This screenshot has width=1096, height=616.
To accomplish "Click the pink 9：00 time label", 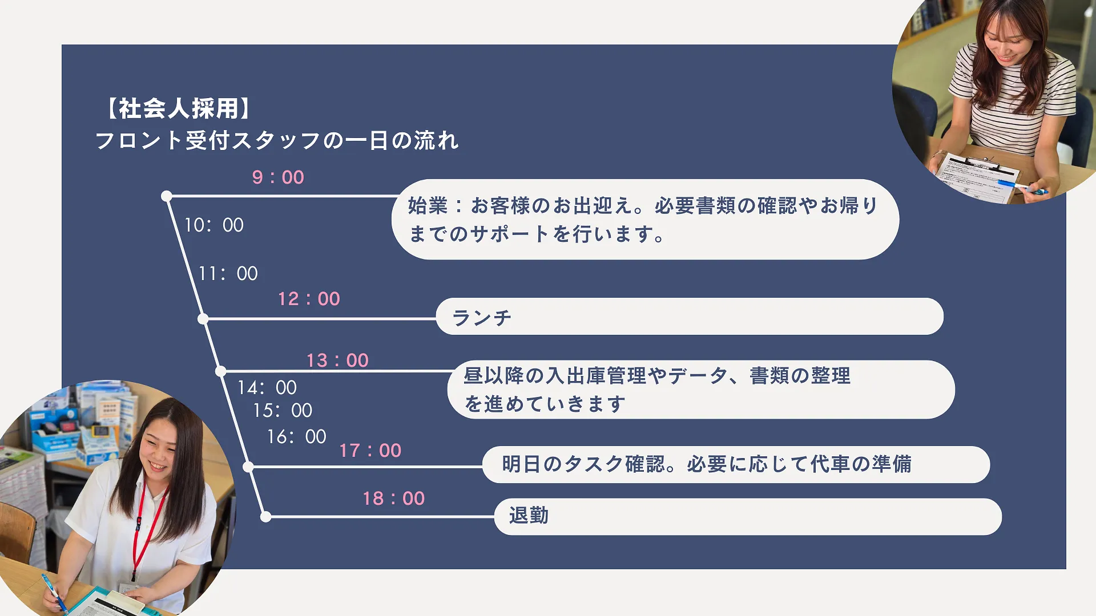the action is point(278,177).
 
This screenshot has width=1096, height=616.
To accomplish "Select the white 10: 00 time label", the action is point(213,225).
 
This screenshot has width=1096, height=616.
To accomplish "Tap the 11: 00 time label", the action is point(228,274).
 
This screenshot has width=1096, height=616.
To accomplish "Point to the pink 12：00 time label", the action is point(309,299).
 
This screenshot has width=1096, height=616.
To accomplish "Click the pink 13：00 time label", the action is point(337,360).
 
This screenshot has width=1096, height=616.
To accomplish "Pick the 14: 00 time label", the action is point(267,388).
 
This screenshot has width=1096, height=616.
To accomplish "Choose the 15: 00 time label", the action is point(283,411).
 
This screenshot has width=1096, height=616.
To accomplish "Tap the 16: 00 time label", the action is point(296,437).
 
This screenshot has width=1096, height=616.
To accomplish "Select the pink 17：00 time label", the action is point(370,451).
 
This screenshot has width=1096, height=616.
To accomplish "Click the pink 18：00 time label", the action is point(394,499).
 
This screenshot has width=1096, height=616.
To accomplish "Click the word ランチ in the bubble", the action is point(482,318).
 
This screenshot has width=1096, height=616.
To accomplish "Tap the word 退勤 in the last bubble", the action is point(529,516).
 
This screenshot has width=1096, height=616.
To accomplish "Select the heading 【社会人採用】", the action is point(178,108).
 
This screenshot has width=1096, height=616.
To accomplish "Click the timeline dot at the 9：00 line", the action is point(167,196).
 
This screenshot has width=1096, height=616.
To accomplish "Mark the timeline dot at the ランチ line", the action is point(203,319).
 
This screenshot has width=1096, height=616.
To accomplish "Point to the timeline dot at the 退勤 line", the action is point(265,517).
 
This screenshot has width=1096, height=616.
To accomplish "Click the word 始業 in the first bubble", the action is point(428,206).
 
